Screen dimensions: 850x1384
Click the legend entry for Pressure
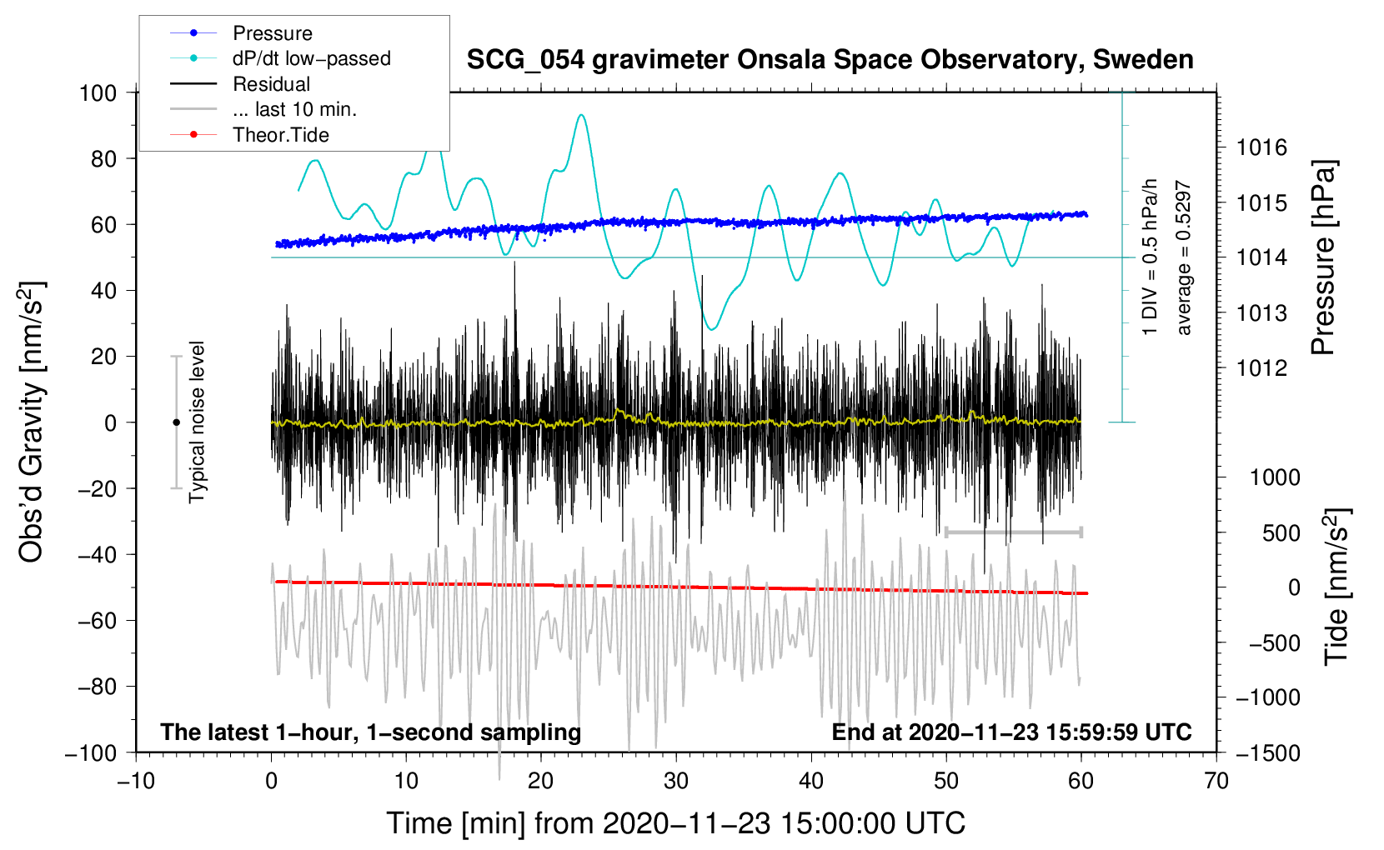point(272,33)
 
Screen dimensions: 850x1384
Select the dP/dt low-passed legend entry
point(311,58)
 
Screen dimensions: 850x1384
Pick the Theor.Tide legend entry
point(280,135)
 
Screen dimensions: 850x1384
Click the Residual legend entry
point(271,84)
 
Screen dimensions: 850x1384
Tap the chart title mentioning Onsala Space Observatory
point(830,60)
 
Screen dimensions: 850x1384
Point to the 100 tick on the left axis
point(98,92)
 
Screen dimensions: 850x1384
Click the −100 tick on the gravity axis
point(91,752)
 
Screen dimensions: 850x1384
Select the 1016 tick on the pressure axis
point(1261,148)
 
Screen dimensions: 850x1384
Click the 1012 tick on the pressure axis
point(1261,368)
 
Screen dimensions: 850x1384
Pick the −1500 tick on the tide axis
point(1267,753)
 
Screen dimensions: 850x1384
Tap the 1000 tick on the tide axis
point(1275,477)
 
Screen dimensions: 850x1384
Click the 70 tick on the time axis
point(1216,781)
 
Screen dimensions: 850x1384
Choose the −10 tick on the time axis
point(136,781)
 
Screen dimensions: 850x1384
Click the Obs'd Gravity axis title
point(32,422)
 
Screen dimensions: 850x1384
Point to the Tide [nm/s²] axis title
point(1336,587)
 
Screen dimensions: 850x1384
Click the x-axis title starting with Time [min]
point(676,823)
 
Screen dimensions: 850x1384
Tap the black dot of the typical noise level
point(176,422)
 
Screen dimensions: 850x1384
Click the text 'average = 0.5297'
point(1184,258)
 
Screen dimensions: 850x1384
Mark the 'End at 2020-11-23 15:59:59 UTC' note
point(1011,732)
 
